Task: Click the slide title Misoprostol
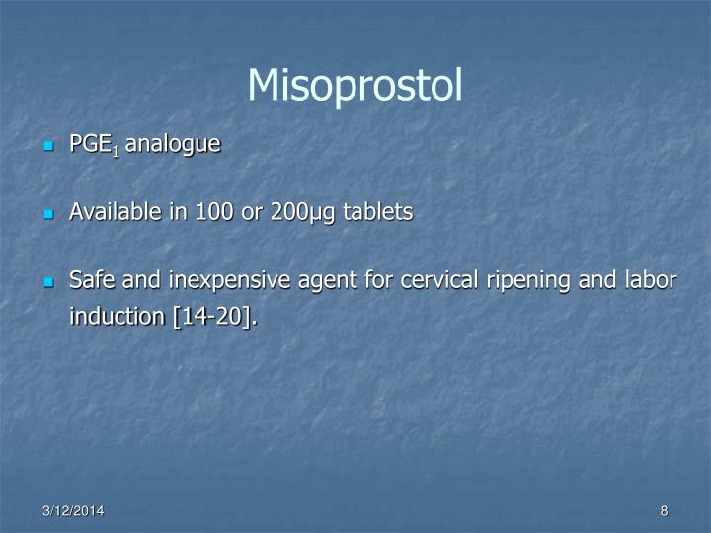[x=355, y=86]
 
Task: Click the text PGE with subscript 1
[x=93, y=145]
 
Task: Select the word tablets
[x=377, y=212]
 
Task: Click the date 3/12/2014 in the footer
[x=74, y=510]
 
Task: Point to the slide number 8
[x=665, y=510]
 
